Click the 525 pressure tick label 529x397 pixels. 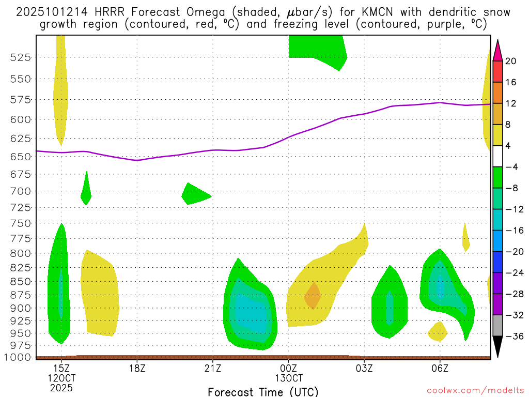coord(21,57)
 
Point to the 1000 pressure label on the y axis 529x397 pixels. coord(18,357)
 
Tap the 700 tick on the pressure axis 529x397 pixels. coord(21,191)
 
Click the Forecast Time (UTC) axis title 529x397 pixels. coord(263,391)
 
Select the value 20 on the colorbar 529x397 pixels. coord(511,61)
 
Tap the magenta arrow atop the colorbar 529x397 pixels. coord(497,51)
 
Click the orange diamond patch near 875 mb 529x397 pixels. coord(313,296)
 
